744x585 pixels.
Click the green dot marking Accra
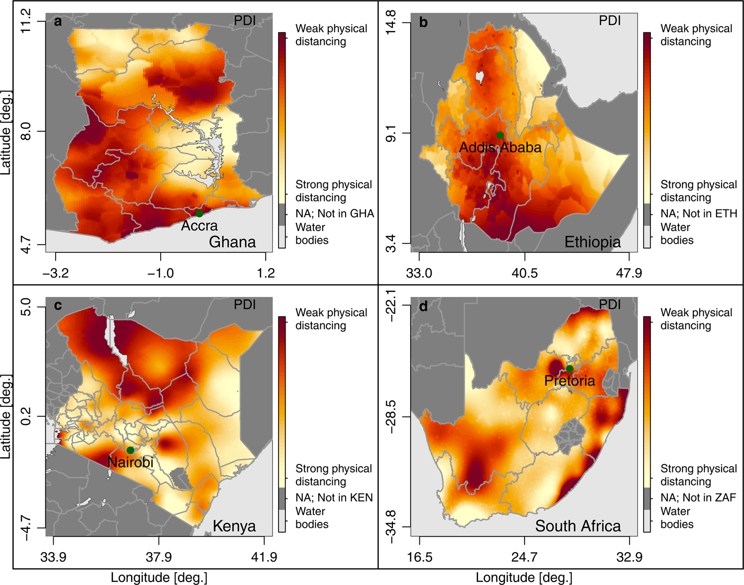(199, 213)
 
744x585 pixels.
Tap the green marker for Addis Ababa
(500, 135)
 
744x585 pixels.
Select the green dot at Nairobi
(130, 450)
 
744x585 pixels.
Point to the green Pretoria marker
(570, 369)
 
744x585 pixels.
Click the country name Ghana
(232, 242)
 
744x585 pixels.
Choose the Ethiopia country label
(592, 242)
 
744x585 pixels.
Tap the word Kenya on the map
(234, 526)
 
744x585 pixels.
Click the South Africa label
(578, 526)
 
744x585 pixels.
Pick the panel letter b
(423, 22)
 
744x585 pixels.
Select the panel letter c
(58, 305)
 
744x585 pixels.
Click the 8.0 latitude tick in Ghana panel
(26, 132)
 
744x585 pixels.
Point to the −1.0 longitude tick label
(160, 273)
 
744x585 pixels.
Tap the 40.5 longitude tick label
(525, 273)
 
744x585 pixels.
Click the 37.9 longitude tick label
(159, 557)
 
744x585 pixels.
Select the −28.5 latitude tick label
(391, 416)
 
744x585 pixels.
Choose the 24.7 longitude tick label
(524, 557)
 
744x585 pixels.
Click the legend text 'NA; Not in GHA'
(335, 213)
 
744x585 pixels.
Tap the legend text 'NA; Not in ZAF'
(698, 497)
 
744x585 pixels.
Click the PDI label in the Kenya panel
(245, 304)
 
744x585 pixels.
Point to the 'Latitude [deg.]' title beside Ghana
(6, 132)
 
